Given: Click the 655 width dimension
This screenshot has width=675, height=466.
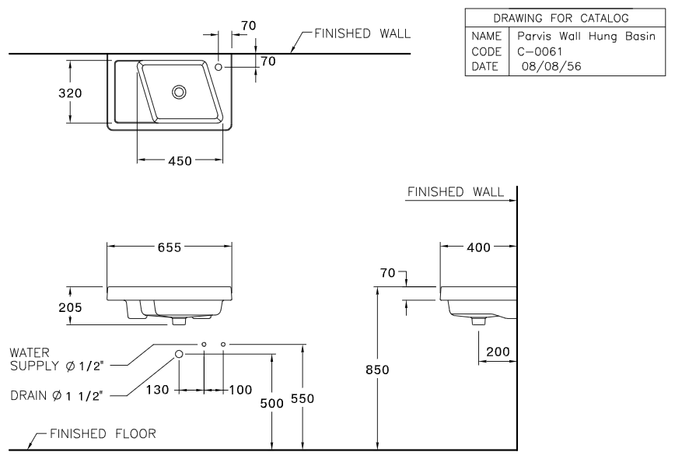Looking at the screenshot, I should coord(169,247).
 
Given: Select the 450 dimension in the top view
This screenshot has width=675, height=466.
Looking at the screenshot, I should coord(180,161).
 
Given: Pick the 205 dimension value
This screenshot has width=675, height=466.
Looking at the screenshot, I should coord(71,306).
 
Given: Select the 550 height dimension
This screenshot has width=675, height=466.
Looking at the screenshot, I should coord(306,398).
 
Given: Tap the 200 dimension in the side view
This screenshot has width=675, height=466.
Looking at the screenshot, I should coord(498,352).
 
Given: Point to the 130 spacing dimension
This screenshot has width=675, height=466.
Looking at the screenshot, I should coord(159,389).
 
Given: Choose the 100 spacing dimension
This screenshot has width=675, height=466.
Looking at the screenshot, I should coord(240,389).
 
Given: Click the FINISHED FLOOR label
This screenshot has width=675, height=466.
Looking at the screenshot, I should coord(103,434).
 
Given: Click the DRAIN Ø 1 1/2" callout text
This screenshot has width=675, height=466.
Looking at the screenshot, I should coord(59,394).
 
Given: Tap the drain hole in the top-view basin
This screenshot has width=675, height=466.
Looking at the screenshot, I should coord(180,92).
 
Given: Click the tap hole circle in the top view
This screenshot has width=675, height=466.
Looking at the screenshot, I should coord(219,68).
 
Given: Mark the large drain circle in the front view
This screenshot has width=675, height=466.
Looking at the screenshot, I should coord(180,354).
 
